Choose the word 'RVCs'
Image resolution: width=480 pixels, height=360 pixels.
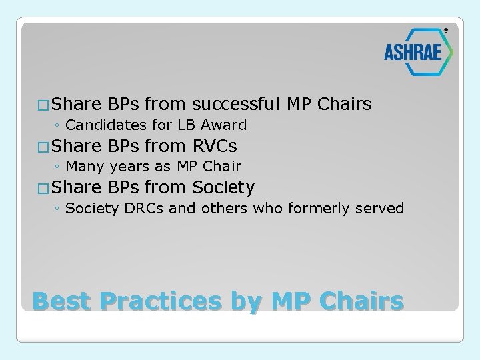[x=214, y=146]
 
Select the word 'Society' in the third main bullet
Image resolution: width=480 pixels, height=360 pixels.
[x=223, y=188]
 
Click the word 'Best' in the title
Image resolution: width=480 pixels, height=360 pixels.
[x=61, y=301]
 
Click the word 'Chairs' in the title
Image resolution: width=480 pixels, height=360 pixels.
[x=361, y=301]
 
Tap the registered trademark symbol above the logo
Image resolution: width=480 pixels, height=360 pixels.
[x=446, y=30]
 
